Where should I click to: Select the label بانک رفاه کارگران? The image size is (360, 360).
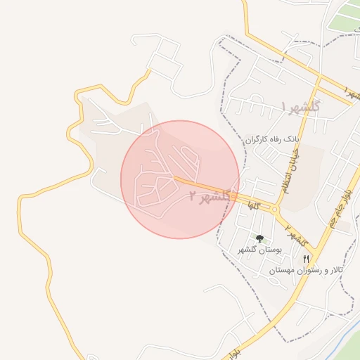272,140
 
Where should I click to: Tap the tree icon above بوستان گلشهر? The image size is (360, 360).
260,239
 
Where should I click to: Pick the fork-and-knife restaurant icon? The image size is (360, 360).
306,259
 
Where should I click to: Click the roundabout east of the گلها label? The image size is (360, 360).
273,209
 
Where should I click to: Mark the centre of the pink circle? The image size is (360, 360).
179,179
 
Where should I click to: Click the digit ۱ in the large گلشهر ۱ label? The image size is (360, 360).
284,106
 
